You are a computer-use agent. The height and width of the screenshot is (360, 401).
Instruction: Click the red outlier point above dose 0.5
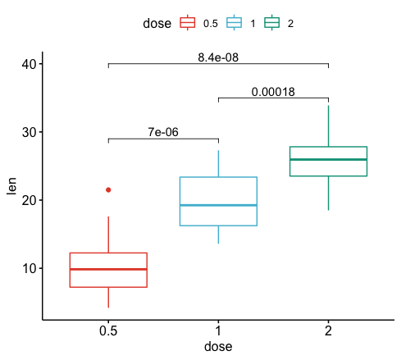coord(108,189)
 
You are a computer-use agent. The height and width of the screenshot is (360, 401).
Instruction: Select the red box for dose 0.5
coord(108,270)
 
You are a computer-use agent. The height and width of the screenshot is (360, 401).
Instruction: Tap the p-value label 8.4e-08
coord(218,57)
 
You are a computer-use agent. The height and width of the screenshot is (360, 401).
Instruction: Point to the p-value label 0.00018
coord(273,92)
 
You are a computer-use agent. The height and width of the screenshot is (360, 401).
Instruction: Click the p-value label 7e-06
coord(163,132)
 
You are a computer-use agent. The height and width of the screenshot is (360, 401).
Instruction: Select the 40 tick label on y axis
coord(28,64)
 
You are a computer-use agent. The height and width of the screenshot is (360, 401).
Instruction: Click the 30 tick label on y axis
coord(28,132)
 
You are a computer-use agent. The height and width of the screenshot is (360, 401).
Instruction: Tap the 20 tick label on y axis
coord(28,200)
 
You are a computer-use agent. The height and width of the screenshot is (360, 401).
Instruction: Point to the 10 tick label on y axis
coord(28,268)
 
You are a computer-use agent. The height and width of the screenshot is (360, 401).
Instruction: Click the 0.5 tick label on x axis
coord(108,331)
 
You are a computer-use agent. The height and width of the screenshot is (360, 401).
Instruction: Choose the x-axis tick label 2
coord(328,331)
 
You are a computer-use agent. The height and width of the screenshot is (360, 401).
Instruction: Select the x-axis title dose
coord(218,347)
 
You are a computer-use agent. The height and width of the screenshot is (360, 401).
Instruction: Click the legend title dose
coord(156,23)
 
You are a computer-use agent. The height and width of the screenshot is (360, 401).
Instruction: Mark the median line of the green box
coord(328,159)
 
